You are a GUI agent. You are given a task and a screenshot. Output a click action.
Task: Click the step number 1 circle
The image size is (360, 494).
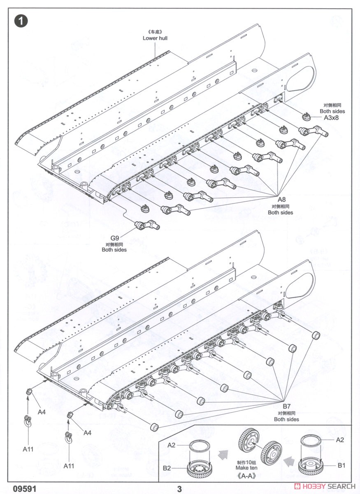(x=21, y=21)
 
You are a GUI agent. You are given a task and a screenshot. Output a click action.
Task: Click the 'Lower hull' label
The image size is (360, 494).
(x=155, y=38)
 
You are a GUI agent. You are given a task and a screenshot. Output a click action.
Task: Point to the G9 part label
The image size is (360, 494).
(x=114, y=238)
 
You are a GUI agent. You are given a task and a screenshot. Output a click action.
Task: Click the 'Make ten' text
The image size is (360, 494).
(x=246, y=468)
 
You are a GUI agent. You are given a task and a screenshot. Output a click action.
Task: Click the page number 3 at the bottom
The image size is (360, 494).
(x=179, y=489)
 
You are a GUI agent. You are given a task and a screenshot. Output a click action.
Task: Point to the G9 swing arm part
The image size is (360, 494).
(x=147, y=225)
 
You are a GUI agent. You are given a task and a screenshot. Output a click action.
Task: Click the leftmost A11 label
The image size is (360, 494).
(x=28, y=449)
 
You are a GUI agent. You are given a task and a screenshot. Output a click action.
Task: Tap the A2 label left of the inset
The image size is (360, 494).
(x=172, y=445)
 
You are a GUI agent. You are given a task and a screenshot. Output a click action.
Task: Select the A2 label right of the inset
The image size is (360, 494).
(x=340, y=440)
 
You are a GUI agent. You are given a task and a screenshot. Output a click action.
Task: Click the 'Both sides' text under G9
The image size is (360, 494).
(x=114, y=250)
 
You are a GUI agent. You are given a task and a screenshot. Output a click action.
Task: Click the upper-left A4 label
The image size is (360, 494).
(x=42, y=412)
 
